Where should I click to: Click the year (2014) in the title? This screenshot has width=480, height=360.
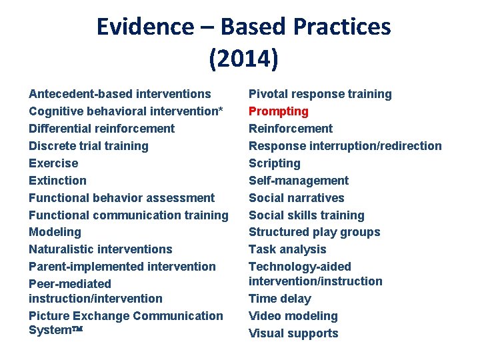coord(243,59)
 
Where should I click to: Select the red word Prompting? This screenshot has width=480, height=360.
coord(279,111)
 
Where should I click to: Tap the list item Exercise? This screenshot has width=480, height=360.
coord(53,163)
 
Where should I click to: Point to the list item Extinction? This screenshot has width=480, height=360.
coord(57,181)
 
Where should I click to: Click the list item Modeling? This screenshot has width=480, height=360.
coord(55,232)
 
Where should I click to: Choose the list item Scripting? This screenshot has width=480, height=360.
coord(275,163)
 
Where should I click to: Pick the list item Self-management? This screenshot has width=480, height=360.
coord(299,181)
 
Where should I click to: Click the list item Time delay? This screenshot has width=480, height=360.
coord(280,299)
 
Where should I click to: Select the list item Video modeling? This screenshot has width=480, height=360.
coord(293,316)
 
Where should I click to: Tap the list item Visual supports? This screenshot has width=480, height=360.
coord(293,333)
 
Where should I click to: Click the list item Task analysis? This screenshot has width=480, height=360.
coord(287,249)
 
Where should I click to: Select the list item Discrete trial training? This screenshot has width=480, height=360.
coord(89,146)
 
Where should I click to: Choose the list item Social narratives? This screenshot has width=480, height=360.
coord(297,198)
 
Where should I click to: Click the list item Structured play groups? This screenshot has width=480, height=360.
coord(315,232)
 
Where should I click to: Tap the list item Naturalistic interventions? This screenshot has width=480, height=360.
coord(101,249)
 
